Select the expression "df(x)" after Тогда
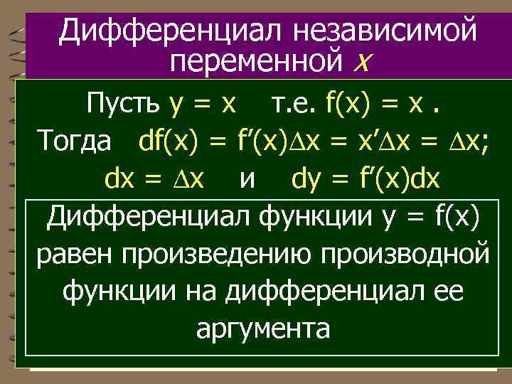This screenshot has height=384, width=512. coord(170,142)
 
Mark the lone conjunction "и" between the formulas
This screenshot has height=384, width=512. coord(248,181)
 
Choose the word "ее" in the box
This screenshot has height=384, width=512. coord(444,292)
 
